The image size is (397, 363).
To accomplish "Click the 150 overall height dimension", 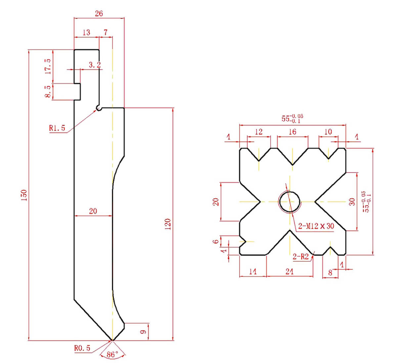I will click(x=23, y=195).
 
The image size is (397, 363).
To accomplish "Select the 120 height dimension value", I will click(x=168, y=224).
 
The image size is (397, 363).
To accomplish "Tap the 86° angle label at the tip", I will click(x=112, y=355).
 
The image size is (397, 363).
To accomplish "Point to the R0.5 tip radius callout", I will click(x=82, y=348).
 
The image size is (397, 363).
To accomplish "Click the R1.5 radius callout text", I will click(x=57, y=128).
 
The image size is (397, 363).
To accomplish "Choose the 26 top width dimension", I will click(x=99, y=13).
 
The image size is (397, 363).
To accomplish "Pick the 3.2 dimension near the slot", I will click(x=95, y=65).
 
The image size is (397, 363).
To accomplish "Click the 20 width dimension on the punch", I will click(x=93, y=211).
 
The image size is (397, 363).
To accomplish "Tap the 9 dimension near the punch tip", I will click(x=143, y=332).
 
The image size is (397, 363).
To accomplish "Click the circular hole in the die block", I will click(x=289, y=201).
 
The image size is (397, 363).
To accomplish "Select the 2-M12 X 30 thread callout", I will click(x=316, y=226).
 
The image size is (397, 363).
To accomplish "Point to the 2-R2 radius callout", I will click(x=301, y=256).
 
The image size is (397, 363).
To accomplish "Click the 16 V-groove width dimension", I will click(x=292, y=132).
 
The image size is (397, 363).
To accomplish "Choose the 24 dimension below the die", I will click(x=289, y=272).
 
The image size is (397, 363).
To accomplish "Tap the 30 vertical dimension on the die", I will click(x=352, y=201).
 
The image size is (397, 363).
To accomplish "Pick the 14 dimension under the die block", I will click(x=252, y=272).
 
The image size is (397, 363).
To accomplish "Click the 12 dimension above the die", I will click(x=259, y=132).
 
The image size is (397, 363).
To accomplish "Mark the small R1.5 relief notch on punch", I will click(x=98, y=108).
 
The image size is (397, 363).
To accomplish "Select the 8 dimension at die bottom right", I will click(x=330, y=272).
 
